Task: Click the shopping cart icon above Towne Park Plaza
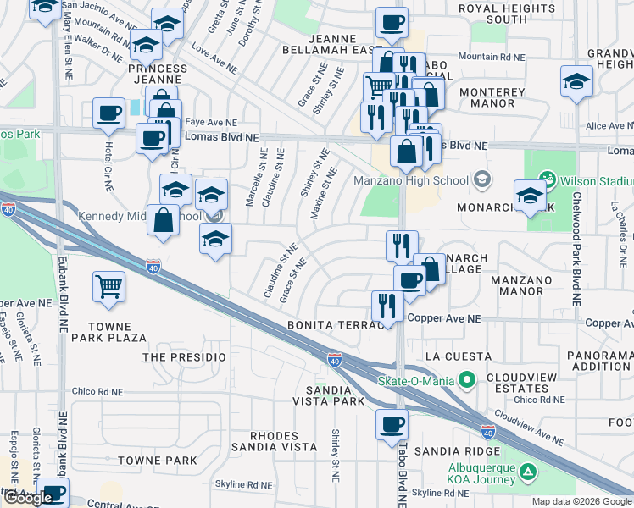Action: [109, 287]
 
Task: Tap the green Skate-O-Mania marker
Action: [465, 380]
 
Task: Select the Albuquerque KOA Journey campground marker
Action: [527, 471]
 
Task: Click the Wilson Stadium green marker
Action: [548, 179]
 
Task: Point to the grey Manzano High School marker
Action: [482, 179]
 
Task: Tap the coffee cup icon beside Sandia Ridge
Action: [392, 425]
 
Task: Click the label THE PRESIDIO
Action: [184, 357]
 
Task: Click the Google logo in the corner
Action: [28, 498]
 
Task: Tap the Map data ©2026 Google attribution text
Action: [581, 501]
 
